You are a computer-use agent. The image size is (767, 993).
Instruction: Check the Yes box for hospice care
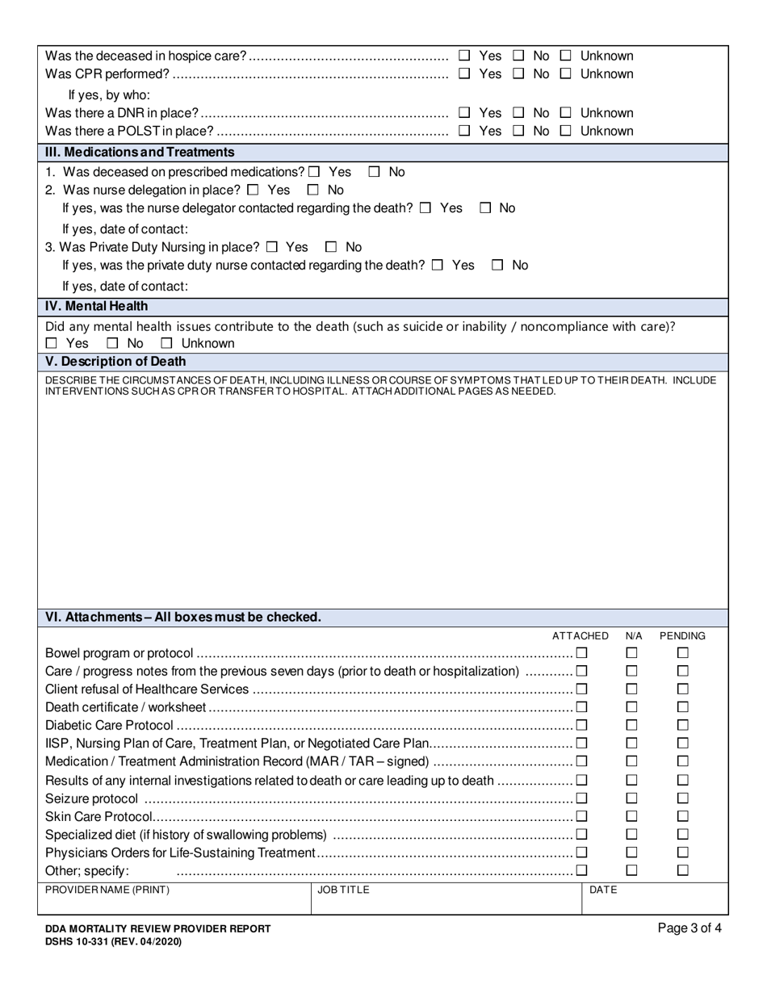click(464, 56)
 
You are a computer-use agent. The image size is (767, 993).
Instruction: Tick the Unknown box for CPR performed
click(566, 73)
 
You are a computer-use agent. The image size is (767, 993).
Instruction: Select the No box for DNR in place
click(519, 113)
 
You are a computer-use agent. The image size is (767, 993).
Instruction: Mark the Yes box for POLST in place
click(464, 131)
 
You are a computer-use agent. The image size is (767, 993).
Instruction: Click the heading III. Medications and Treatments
click(140, 153)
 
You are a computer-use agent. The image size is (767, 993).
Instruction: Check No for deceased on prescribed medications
click(375, 172)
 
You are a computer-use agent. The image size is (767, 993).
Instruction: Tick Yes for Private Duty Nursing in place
click(271, 247)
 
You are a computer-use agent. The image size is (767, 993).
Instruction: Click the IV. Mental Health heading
click(96, 307)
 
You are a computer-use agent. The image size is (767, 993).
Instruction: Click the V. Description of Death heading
click(115, 362)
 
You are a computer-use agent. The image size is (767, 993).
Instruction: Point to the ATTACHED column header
click(580, 636)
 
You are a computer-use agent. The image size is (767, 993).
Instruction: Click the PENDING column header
click(682, 636)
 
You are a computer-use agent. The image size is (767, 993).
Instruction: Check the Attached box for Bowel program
click(581, 653)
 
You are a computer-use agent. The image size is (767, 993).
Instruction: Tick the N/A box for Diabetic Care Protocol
click(632, 725)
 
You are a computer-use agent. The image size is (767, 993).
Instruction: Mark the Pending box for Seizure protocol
click(682, 798)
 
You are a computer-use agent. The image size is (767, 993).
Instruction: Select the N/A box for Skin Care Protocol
click(632, 816)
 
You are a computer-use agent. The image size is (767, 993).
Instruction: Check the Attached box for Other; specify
click(581, 870)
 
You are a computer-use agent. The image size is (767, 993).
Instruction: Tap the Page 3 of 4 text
click(689, 928)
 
